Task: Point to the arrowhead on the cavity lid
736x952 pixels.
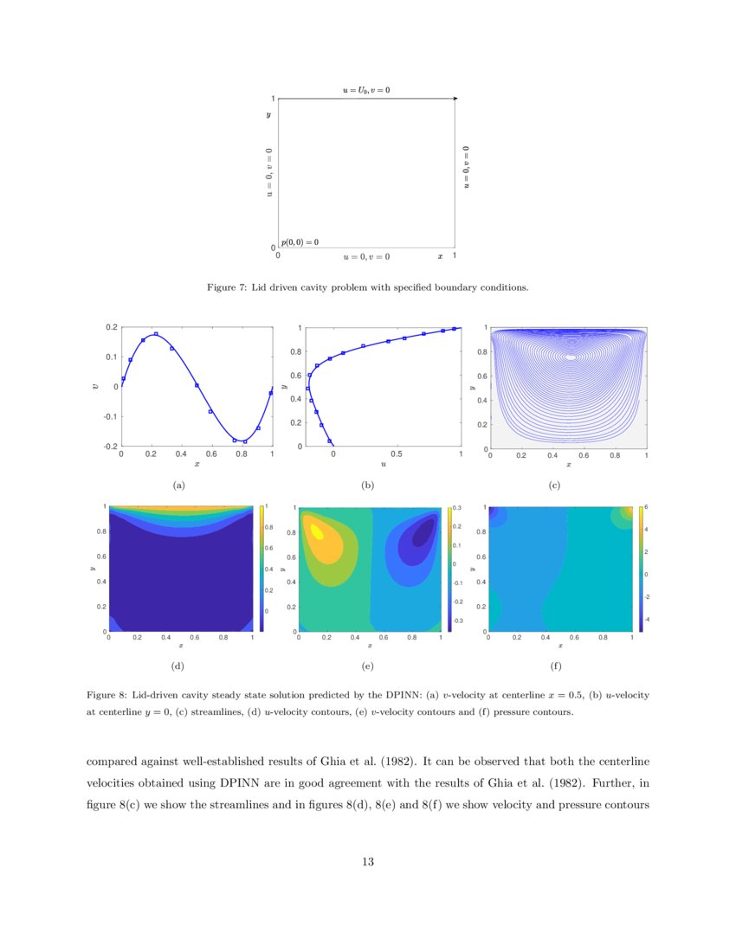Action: click(455, 100)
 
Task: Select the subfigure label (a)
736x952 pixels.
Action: click(179, 486)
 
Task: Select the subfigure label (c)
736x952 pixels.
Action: click(554, 486)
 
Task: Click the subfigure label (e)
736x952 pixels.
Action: click(367, 666)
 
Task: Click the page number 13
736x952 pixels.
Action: click(367, 861)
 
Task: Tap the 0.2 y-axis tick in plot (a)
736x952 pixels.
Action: click(111, 327)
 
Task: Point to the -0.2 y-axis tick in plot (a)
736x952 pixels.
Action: click(110, 447)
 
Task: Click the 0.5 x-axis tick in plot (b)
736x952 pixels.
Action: click(397, 454)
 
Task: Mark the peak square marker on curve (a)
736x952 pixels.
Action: click(156, 334)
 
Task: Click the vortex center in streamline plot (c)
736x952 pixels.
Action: click(570, 357)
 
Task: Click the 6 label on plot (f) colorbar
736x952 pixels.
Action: click(646, 507)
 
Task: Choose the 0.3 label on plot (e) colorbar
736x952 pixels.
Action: click(459, 508)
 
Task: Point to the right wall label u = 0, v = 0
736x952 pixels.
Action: click(467, 167)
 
